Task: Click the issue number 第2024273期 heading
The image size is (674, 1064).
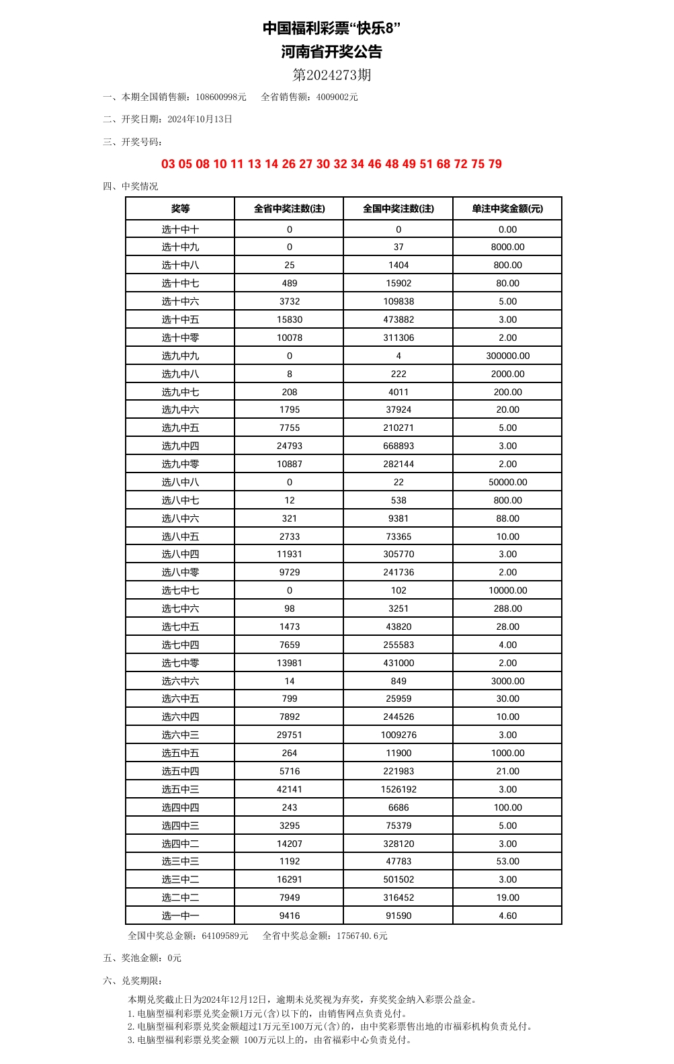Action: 332,75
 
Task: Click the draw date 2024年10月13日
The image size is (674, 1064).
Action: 200,119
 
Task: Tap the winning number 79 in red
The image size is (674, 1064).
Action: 495,164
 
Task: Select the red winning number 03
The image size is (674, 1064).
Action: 168,164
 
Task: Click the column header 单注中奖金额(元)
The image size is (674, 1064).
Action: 507,208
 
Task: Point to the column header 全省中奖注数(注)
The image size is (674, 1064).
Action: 289,208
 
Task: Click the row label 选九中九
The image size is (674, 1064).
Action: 180,356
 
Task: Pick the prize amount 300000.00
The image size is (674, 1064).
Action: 507,356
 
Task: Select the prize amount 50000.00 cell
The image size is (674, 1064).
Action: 507,482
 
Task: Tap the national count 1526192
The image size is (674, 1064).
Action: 398,789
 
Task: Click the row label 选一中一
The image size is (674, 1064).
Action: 180,915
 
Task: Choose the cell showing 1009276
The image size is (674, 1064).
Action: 398,735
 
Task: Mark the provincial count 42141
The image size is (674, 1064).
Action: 289,789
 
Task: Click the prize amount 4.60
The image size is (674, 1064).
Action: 507,915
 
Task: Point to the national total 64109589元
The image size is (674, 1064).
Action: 225,936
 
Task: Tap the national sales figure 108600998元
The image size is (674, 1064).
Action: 221,97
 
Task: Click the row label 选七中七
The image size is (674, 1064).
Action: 180,590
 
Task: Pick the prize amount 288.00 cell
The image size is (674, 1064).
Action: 507,608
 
